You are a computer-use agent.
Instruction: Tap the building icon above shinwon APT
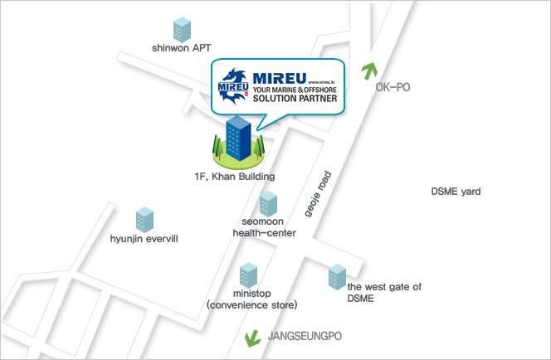181,27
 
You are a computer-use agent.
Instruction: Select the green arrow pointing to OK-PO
366,71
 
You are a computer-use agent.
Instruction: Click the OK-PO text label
393,86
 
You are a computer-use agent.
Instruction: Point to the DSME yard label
456,192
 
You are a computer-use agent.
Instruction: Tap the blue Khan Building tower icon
238,138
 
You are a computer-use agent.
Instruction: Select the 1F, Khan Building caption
230,177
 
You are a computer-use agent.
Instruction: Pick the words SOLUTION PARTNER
295,98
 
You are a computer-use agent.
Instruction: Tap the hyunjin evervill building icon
145,219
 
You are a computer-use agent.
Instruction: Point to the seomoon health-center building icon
268,203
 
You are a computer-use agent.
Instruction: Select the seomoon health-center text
268,227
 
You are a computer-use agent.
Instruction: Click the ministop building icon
248,275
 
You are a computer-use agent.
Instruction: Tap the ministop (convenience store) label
252,299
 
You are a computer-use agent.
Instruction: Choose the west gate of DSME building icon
336,277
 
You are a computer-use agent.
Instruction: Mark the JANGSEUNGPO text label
305,336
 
